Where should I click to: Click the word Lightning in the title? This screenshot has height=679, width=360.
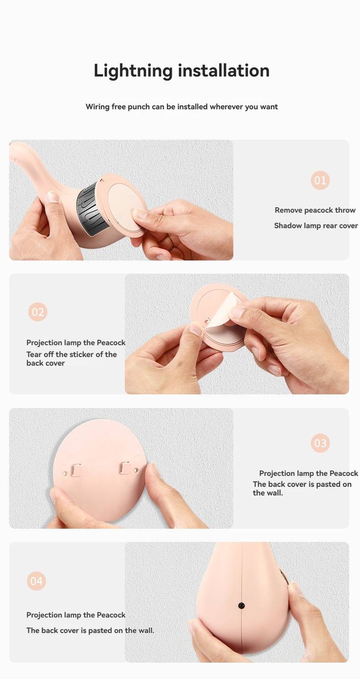coord(133,71)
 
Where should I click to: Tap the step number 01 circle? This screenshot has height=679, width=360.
coord(320,180)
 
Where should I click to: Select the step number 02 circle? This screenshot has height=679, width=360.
coord(38,312)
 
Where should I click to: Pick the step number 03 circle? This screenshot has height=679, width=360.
coord(320,443)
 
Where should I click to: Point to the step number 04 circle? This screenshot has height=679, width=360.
coord(36,581)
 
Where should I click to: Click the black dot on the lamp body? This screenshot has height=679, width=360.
coord(242,606)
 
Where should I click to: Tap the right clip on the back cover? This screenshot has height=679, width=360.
coord(125,468)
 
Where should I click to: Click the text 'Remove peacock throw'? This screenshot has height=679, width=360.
coord(315,210)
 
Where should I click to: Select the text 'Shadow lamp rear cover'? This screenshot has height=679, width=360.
coord(316,225)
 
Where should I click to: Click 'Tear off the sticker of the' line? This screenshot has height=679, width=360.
coord(71,354)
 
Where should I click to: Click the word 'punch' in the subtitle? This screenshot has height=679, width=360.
coord(139,107)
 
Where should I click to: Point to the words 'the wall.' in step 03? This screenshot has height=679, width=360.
coord(268,493)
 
